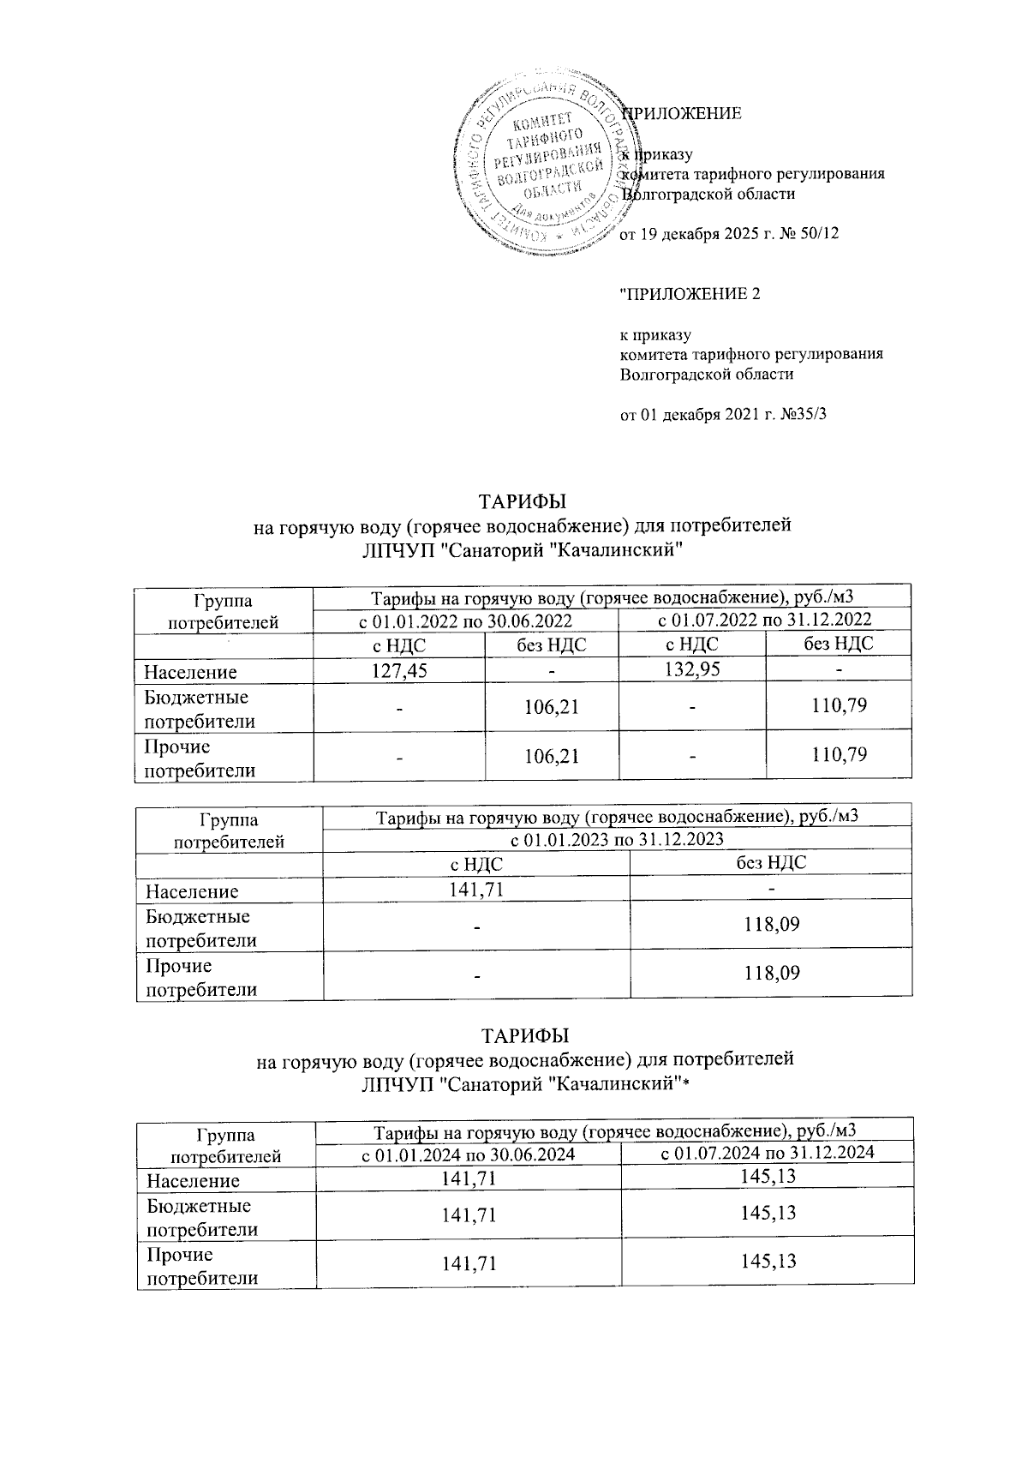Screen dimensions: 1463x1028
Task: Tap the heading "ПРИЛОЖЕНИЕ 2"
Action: tap(690, 295)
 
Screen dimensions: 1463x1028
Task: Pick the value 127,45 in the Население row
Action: tap(398, 669)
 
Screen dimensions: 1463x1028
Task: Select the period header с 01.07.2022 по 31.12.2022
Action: tap(764, 620)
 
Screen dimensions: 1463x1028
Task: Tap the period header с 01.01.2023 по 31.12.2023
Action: tap(617, 838)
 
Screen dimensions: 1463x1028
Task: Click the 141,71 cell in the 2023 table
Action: tap(475, 889)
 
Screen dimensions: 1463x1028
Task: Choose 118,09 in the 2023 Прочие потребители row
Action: tap(771, 973)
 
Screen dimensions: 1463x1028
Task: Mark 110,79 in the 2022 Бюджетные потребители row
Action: tap(838, 706)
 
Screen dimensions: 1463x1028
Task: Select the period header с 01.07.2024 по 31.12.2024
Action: tap(768, 1152)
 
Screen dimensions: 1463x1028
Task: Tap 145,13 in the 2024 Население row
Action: tap(768, 1177)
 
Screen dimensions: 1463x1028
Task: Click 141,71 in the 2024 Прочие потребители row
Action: tap(467, 1262)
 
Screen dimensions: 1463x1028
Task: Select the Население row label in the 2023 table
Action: tap(192, 891)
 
